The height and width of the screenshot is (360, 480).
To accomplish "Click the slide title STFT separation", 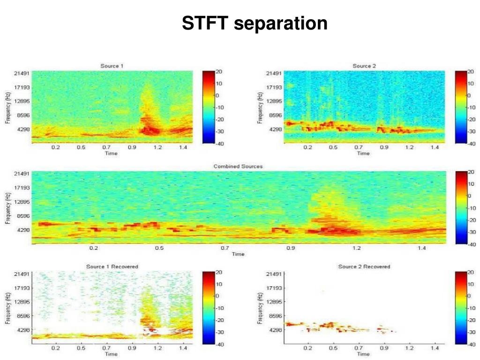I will click(x=255, y=23).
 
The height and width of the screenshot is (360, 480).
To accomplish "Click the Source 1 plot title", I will click(x=112, y=66).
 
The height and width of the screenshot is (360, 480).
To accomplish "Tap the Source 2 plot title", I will click(x=364, y=66).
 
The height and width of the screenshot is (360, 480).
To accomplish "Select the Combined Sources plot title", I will click(x=238, y=166).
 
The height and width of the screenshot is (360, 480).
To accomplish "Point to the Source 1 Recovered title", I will click(x=112, y=267).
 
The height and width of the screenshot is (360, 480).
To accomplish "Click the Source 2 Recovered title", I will click(x=364, y=267).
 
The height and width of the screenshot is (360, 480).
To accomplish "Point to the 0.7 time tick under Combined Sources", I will click(x=225, y=248).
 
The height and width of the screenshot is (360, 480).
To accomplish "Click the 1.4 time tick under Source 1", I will click(x=183, y=148).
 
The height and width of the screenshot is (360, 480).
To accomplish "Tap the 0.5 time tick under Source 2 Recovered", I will click(x=333, y=348).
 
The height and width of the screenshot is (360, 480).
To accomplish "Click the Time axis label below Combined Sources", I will click(x=238, y=254).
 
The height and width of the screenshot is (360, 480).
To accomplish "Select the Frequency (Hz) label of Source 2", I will click(x=260, y=108).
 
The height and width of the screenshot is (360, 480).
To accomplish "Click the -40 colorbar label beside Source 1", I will click(x=219, y=144).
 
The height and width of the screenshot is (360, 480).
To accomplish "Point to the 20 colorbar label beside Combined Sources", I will click(x=472, y=172).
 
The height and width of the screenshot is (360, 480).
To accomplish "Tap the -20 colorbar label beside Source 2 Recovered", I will click(x=472, y=320).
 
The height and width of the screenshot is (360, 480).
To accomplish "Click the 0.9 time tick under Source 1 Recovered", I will click(x=132, y=348).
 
